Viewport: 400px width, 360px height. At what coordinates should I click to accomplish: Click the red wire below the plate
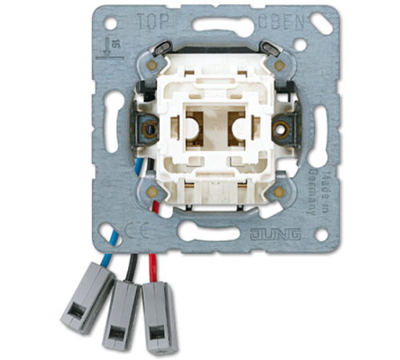pos(149,264)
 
